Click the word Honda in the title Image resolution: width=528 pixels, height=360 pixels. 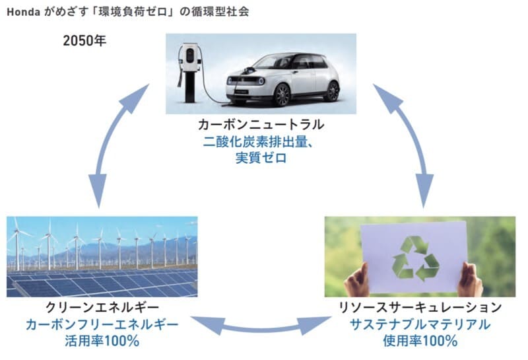point(24,12)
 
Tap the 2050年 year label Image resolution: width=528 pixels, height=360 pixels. point(84,41)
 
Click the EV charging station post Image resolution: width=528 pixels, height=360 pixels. point(189,73)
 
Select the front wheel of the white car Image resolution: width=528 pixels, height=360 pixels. point(282,94)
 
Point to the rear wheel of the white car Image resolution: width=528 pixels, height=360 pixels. point(333,91)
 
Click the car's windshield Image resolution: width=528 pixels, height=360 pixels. point(272,61)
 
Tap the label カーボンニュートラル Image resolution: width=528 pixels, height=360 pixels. point(261,125)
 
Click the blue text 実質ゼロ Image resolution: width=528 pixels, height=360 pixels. point(261,158)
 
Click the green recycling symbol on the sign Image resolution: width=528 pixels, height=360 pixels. point(416,258)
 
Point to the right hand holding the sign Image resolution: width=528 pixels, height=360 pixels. point(471,280)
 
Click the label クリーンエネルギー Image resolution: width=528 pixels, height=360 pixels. point(102,307)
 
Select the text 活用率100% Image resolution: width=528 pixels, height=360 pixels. point(102,341)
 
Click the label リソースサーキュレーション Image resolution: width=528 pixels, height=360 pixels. point(420,307)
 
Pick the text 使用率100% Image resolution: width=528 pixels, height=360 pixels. point(420,341)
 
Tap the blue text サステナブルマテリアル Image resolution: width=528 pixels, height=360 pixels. point(420,324)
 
